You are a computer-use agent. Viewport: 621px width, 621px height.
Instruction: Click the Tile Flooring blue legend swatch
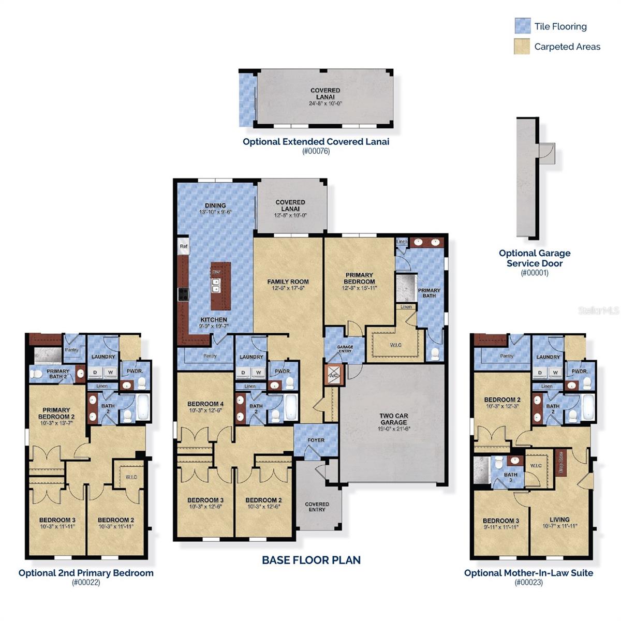523,26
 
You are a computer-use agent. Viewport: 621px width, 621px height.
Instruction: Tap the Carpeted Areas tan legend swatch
523,46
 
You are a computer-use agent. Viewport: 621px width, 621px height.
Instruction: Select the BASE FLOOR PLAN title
311,560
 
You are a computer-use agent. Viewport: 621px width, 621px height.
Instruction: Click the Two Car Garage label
394,419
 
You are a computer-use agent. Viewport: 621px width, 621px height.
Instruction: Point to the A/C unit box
334,375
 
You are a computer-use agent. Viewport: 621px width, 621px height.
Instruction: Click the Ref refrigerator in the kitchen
184,246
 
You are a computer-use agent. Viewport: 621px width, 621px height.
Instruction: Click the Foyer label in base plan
316,440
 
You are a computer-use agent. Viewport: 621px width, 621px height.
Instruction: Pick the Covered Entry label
317,507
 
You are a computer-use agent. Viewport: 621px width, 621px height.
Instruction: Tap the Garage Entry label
345,349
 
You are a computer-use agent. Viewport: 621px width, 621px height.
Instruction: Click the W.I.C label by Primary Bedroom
395,345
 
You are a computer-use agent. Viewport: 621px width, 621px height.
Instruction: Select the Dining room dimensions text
215,212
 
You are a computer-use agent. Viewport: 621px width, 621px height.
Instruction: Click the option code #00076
316,151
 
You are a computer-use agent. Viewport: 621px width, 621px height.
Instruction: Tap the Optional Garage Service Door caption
535,258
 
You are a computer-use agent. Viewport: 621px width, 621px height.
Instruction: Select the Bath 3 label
510,477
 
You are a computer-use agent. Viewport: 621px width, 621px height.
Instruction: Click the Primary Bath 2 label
57,374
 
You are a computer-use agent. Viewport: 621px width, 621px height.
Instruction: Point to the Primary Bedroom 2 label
56,413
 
